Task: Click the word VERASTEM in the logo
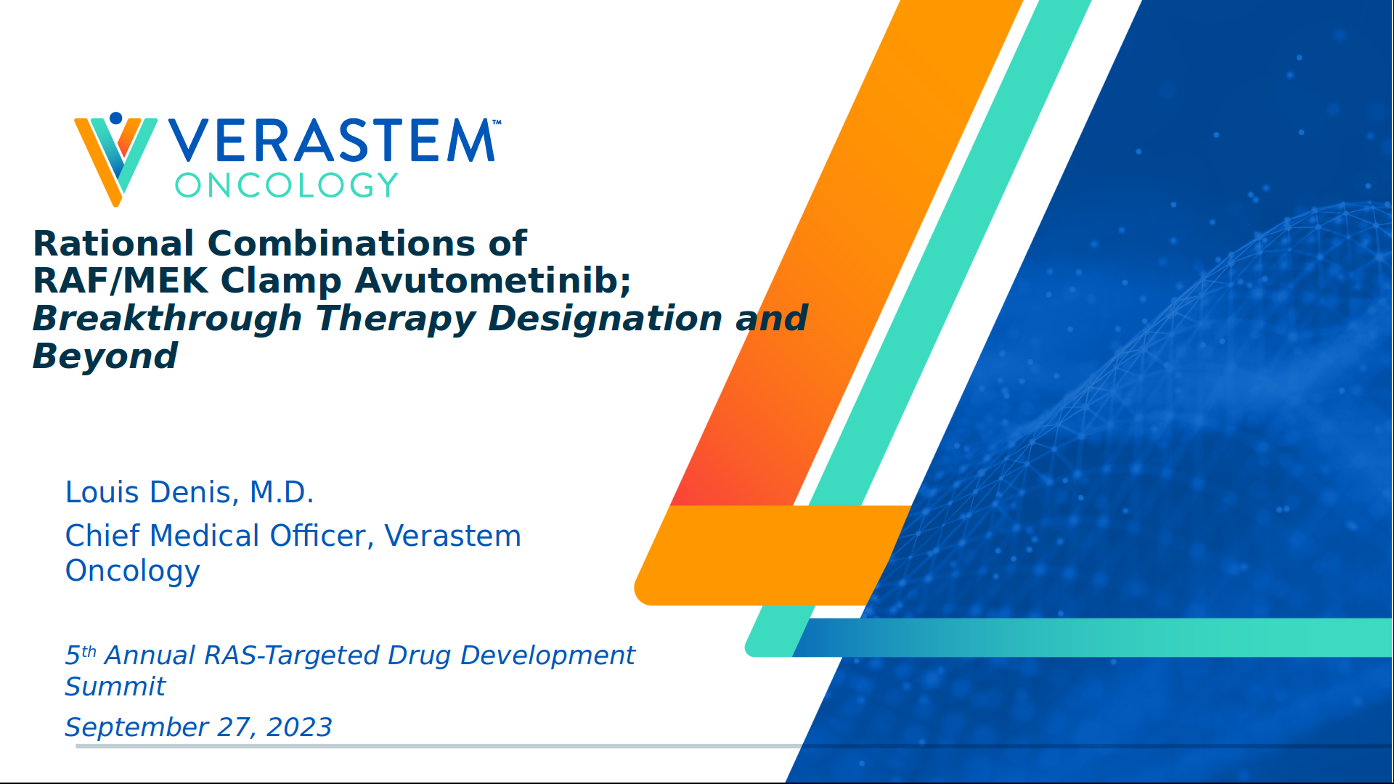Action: click(x=332, y=141)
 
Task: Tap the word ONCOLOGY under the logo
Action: click(x=286, y=186)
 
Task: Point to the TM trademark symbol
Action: click(x=497, y=123)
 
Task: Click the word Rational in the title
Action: click(x=113, y=243)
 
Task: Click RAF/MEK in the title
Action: click(x=121, y=281)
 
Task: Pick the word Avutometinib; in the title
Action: click(x=493, y=281)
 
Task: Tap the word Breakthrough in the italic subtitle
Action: click(x=167, y=319)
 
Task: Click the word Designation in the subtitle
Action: click(x=605, y=319)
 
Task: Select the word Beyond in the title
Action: click(x=105, y=356)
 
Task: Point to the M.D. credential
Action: click(x=282, y=492)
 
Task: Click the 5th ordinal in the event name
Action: click(x=80, y=655)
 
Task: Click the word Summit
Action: click(x=115, y=687)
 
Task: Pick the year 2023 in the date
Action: click(x=299, y=727)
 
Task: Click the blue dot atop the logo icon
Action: click(x=115, y=118)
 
